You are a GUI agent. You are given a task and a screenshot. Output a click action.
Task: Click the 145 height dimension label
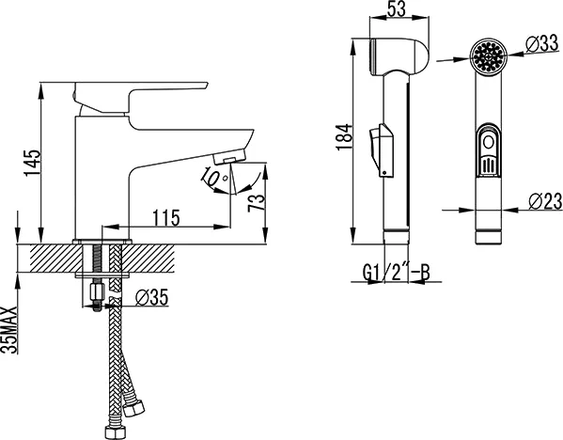pos(33,163)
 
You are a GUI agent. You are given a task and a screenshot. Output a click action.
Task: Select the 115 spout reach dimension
pos(166,218)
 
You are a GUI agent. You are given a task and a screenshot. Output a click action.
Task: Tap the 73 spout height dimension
pos(257,203)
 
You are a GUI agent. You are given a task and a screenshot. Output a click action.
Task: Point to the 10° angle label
pos(213,178)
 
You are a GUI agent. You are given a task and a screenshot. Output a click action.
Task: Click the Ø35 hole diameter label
pos(151,297)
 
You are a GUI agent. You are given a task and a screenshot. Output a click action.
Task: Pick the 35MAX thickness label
pos(9,330)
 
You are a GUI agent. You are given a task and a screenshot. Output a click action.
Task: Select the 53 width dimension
pos(397,9)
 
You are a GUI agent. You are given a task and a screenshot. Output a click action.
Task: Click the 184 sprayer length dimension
pos(344,137)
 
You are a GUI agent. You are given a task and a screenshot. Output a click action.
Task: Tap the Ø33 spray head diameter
pos(542,44)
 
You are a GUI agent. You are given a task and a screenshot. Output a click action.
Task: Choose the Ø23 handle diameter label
pos(545,201)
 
